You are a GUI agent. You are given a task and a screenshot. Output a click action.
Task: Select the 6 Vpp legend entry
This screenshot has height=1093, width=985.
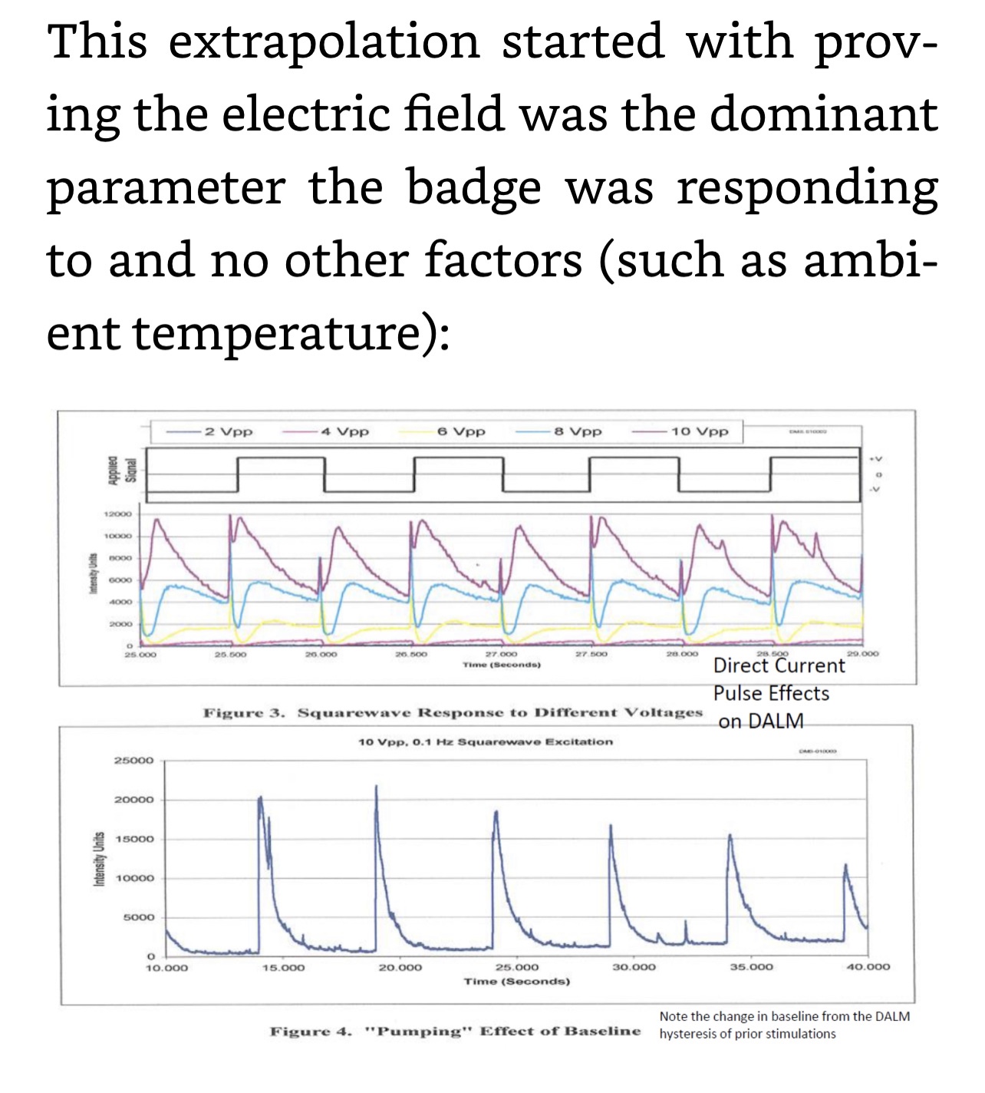click(x=461, y=431)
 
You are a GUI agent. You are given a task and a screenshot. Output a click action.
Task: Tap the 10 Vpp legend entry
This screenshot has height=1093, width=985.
click(x=699, y=431)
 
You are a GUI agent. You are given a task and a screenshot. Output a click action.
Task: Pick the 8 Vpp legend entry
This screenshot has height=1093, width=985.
click(x=577, y=431)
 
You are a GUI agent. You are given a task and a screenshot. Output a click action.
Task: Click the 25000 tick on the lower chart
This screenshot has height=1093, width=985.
click(x=134, y=760)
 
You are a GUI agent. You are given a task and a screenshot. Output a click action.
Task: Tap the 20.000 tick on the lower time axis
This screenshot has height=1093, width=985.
click(x=400, y=967)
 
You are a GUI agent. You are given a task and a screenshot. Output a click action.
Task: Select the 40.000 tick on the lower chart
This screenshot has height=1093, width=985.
click(x=868, y=967)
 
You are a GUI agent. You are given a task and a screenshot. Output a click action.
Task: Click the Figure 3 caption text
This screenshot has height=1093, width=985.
click(x=453, y=713)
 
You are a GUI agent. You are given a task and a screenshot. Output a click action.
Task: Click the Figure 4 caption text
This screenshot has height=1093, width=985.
click(x=455, y=1031)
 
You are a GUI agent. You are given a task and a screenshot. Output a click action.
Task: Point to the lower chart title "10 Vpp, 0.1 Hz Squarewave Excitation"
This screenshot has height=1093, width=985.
click(x=486, y=742)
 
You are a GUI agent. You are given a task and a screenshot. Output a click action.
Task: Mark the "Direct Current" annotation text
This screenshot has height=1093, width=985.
click(x=779, y=665)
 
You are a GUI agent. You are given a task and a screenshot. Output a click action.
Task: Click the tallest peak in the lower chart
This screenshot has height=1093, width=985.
click(x=376, y=788)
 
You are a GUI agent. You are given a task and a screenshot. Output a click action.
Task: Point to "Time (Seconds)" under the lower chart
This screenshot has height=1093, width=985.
click(x=517, y=981)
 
